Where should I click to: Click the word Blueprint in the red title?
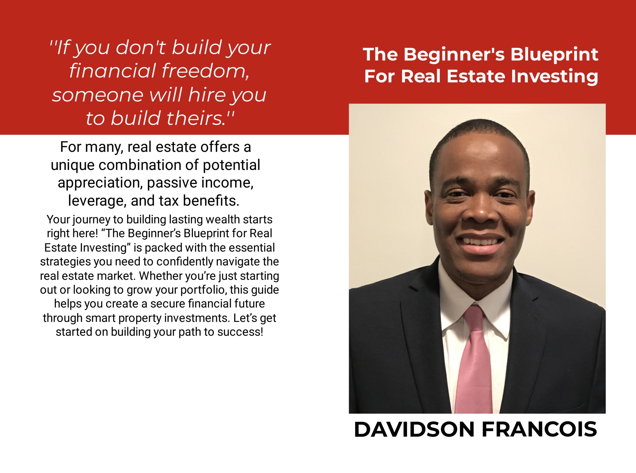554,55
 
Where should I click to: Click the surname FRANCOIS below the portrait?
539,430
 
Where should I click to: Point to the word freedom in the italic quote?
205,71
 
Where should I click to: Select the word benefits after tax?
211,201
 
